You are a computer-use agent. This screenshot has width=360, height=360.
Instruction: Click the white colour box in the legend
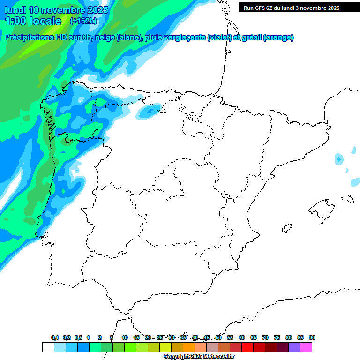[48, 347]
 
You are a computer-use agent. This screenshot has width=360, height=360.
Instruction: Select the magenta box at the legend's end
[306, 347]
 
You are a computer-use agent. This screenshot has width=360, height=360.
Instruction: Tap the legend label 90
[312, 337]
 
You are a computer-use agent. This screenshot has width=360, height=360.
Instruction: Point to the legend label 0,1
[55, 337]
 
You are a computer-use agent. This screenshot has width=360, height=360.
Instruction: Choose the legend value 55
[230, 337]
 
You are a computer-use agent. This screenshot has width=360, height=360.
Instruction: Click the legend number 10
[125, 337]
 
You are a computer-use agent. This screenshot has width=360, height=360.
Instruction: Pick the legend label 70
[265, 337]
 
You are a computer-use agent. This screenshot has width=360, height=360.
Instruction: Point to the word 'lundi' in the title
[14, 10]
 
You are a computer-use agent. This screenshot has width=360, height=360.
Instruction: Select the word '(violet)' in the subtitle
[219, 37]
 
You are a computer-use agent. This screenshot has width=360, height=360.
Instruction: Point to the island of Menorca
[347, 198]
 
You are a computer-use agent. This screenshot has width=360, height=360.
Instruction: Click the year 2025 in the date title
[97, 10]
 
